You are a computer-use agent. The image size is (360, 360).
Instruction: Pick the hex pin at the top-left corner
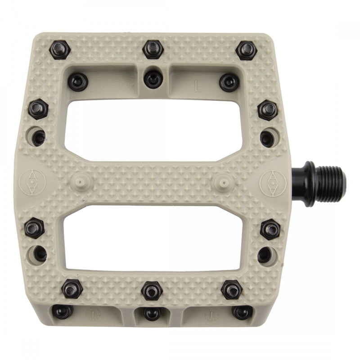click(59, 50)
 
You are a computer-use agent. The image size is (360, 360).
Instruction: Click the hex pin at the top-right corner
click(246, 50)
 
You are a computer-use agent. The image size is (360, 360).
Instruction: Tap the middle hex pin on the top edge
click(153, 49)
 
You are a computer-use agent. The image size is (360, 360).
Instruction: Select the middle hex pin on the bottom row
click(152, 291)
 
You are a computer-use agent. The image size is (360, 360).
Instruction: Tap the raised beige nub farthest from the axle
click(79, 182)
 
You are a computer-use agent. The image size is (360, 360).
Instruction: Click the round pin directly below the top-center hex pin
click(153, 79)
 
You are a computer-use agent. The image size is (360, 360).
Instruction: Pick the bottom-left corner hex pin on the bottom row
click(72, 288)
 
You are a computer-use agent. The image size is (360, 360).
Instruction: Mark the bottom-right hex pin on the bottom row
click(232, 289)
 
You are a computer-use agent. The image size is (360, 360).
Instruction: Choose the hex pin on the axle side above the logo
click(268, 110)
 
